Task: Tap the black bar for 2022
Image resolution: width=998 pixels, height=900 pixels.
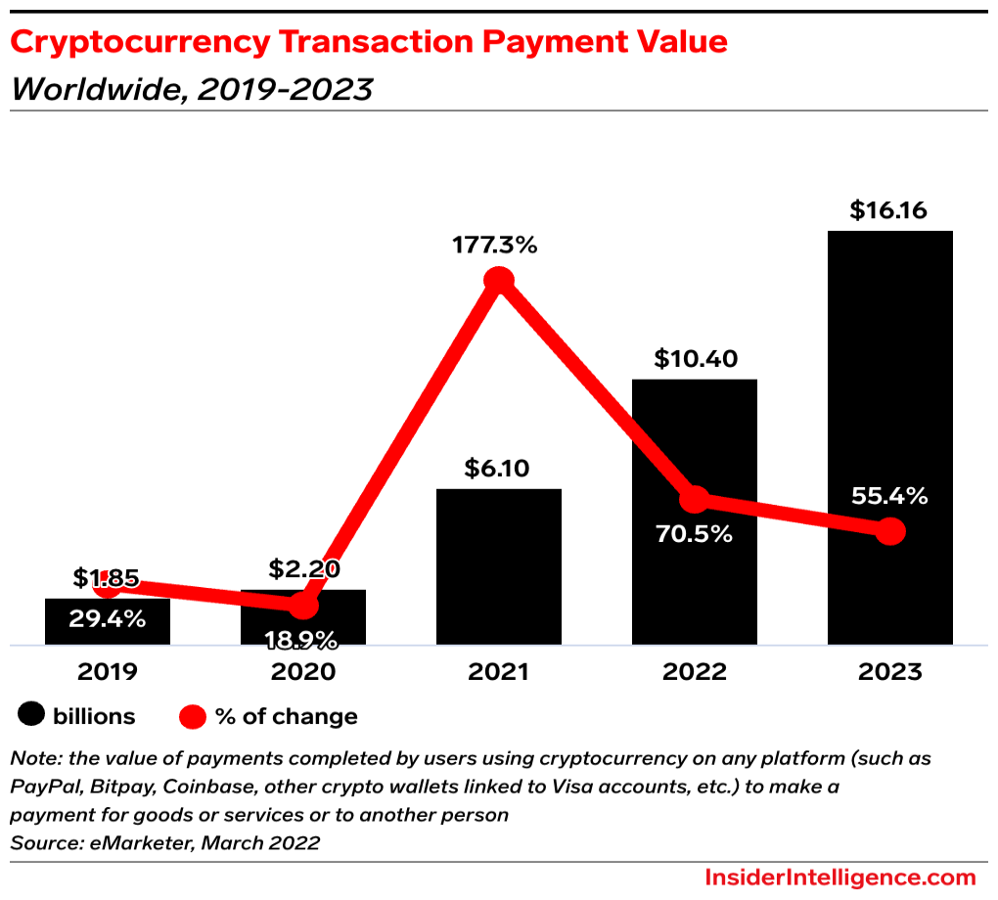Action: tap(695, 587)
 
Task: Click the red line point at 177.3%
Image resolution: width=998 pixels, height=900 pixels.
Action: tap(499, 281)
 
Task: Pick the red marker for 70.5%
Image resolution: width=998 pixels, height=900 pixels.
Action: tap(695, 499)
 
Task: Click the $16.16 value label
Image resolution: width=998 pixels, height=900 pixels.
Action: tap(888, 210)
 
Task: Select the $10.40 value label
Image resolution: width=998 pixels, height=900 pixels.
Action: tap(694, 359)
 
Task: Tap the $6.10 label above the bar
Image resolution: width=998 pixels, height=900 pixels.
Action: tap(497, 469)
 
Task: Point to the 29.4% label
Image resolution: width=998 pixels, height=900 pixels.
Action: tap(107, 618)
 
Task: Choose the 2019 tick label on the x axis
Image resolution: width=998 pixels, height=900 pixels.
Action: tap(107, 672)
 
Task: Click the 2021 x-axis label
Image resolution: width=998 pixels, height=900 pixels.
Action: tap(498, 672)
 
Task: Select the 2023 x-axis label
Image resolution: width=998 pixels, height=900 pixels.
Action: tap(889, 672)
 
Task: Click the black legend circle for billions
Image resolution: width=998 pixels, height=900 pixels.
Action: tap(32, 716)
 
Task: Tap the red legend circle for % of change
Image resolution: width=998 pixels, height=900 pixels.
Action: tap(193, 716)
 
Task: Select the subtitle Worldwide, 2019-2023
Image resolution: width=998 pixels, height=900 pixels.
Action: tap(192, 89)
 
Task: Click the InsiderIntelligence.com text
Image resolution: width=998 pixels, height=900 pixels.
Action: tap(839, 877)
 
